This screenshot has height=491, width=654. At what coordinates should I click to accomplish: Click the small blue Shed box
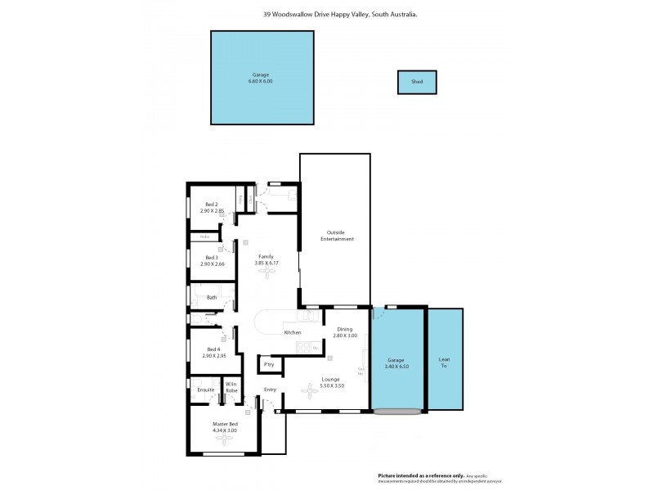pos(417,82)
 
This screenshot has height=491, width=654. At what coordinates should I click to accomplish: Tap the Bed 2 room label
pos(212,204)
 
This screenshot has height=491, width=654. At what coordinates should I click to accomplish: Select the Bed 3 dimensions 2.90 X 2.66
pos(212,264)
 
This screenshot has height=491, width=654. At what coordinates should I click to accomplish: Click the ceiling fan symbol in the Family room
pos(266,274)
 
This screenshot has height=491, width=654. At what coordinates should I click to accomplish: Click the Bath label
pos(212,297)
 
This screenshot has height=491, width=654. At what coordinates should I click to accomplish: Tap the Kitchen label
pos(293,332)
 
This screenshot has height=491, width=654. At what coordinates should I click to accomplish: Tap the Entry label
pos(270,390)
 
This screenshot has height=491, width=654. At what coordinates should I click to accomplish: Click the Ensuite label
pos(205,390)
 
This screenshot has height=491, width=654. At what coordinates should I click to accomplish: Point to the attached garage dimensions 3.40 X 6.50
pos(396,366)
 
